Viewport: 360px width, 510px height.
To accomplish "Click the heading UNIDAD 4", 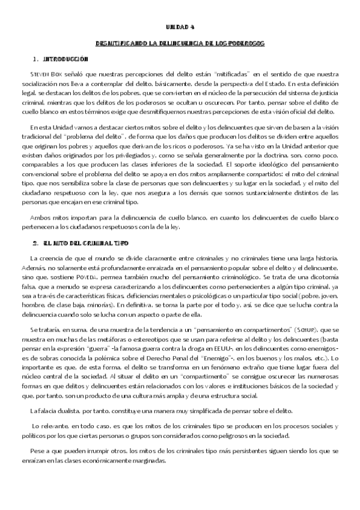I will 180,28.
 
